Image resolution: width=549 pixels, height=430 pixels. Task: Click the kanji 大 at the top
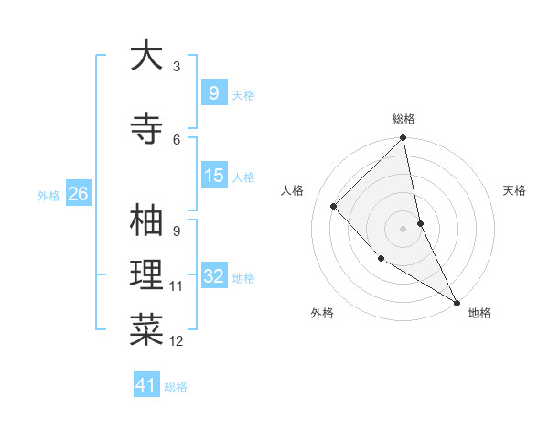coord(146,57)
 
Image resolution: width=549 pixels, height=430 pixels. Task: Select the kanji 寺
coord(146,127)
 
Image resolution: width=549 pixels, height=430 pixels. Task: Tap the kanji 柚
coord(146,220)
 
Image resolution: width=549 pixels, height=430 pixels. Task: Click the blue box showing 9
coord(213,92)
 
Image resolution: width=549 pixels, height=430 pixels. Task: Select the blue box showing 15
coord(213,176)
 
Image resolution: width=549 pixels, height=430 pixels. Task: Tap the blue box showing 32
coord(213,276)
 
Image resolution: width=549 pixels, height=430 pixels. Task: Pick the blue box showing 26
coord(78,193)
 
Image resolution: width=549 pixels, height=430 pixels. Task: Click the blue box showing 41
coord(146,385)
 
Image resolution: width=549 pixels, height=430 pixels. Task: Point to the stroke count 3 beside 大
coord(177,67)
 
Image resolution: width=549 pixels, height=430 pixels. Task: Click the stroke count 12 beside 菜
coord(177,341)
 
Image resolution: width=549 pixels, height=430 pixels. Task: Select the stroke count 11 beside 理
coord(177,286)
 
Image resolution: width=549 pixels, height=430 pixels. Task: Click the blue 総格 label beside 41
coord(176,387)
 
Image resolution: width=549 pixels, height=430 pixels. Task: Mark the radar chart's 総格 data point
coord(404,138)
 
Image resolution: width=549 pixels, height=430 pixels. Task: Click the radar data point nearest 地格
coord(456,302)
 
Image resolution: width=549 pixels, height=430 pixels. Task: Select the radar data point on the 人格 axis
coord(334,206)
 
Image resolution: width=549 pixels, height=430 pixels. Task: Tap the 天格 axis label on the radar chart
coord(514,190)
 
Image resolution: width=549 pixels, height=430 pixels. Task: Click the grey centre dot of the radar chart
coord(404,229)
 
